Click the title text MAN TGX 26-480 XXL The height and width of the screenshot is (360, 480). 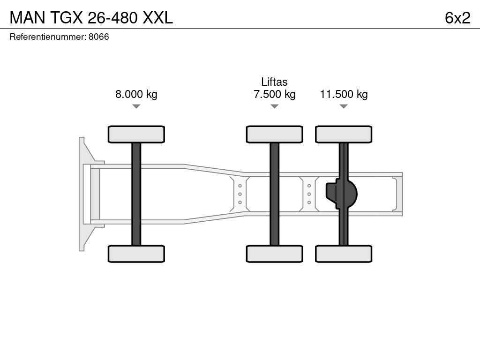point(91,18)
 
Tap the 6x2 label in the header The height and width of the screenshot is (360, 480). point(457,18)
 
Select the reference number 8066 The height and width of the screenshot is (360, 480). point(98,37)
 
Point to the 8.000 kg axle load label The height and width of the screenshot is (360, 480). point(136,94)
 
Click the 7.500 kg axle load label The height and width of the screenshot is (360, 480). point(275,94)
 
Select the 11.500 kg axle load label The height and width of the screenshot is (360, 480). point(344,94)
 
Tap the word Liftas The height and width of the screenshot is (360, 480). point(274,82)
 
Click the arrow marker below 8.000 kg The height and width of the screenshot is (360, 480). point(136,106)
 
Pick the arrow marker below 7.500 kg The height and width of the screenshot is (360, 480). point(275,106)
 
